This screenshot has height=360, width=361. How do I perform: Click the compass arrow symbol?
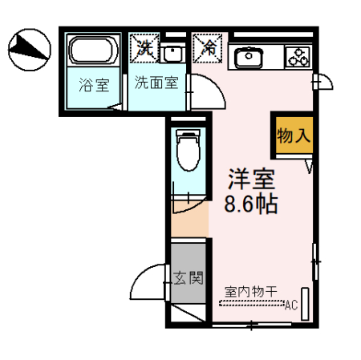(x=30, y=49)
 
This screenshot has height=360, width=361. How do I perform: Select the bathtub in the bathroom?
(x=93, y=53)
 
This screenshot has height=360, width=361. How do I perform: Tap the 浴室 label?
(x=93, y=83)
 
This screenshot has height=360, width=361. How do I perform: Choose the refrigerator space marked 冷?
(x=207, y=47)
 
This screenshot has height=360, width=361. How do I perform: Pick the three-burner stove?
(x=298, y=56)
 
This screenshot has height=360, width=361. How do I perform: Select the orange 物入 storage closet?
(x=292, y=134)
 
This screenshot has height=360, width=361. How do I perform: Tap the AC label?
(x=291, y=305)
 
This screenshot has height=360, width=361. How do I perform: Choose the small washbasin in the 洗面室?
(x=172, y=54)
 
